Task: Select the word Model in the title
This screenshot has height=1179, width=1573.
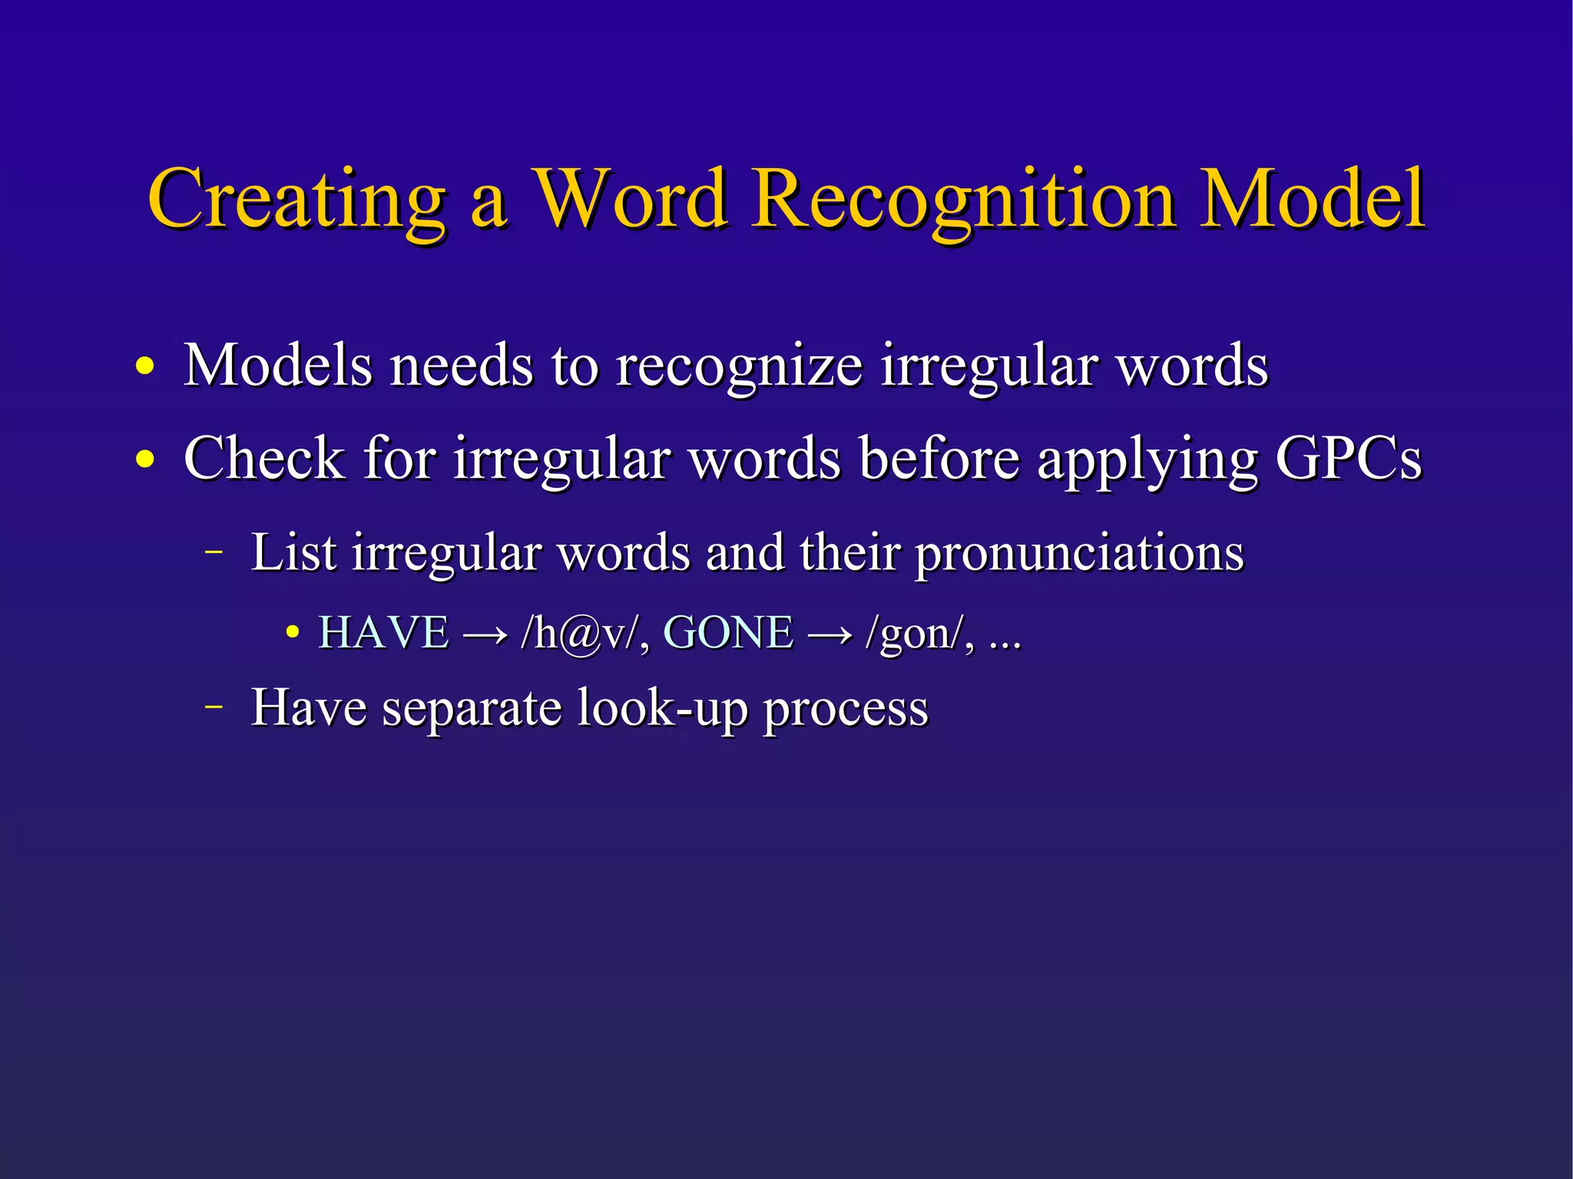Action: pyautogui.click(x=1313, y=200)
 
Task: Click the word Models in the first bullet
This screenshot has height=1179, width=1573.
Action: pyautogui.click(x=278, y=365)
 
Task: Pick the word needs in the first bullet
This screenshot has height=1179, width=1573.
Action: pyautogui.click(x=461, y=365)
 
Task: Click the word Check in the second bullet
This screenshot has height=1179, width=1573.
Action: pyautogui.click(x=264, y=459)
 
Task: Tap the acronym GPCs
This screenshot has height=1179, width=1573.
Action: pyautogui.click(x=1348, y=459)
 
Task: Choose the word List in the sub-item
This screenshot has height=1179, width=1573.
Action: pyautogui.click(x=293, y=552)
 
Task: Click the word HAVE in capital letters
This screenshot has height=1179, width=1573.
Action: pyautogui.click(x=383, y=634)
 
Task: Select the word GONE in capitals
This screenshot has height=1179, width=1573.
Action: pyautogui.click(x=727, y=634)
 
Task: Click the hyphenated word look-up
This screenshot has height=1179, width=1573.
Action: pyautogui.click(x=662, y=709)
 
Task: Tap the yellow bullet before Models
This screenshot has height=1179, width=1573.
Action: pyautogui.click(x=144, y=366)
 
